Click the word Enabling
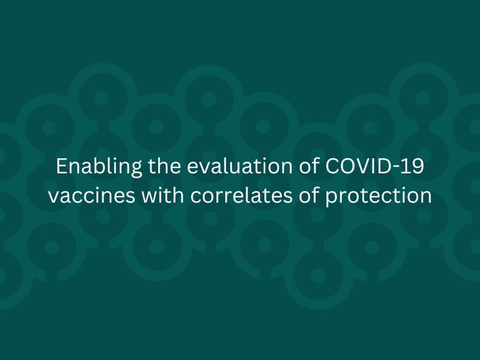(x=92, y=167)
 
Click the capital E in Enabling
(x=61, y=167)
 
